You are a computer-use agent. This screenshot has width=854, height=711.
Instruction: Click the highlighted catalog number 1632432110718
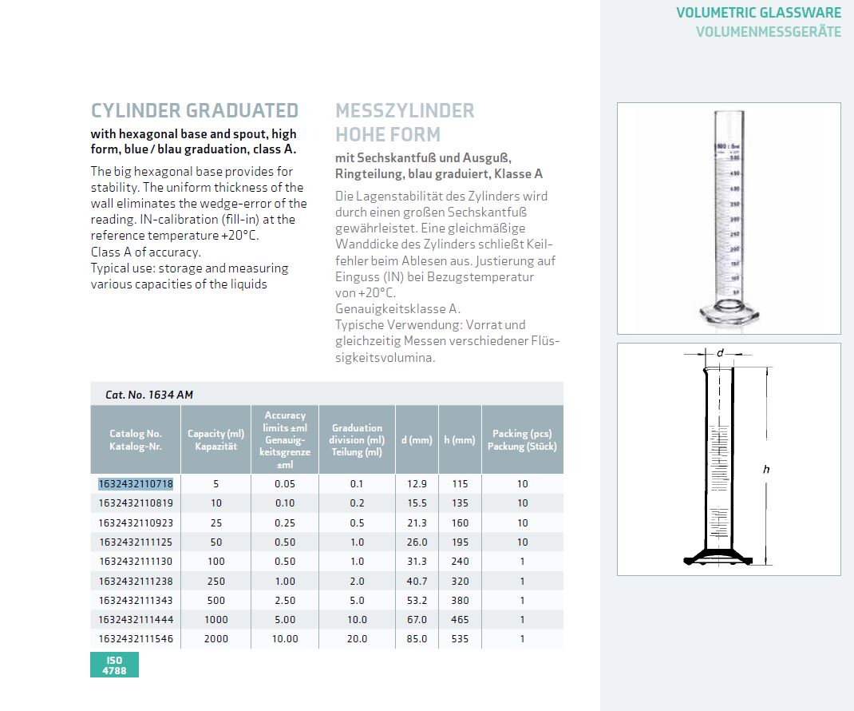[136, 484]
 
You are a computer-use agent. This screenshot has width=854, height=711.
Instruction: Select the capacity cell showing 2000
[215, 639]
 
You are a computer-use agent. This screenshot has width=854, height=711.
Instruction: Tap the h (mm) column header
[459, 440]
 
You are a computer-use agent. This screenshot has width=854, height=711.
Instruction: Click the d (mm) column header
[416, 440]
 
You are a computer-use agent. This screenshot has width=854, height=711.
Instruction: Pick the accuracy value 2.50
[285, 601]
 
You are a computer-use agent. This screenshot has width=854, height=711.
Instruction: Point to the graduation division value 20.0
[357, 639]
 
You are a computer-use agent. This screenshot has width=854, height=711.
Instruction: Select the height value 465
[460, 620]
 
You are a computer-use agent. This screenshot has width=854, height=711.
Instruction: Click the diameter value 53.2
[417, 601]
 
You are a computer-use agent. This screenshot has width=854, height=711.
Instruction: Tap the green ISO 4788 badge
[114, 665]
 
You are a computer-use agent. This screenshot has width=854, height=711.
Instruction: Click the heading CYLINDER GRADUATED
[195, 111]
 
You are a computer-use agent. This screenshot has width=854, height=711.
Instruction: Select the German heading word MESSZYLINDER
[405, 111]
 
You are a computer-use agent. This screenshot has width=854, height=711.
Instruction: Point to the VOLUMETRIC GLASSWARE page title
[758, 13]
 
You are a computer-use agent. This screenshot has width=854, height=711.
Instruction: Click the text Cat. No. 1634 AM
[149, 395]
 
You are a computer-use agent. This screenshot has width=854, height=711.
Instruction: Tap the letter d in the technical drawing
[719, 352]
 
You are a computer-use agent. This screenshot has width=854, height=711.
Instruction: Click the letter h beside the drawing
[766, 470]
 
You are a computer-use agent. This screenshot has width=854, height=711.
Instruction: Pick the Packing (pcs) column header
[522, 440]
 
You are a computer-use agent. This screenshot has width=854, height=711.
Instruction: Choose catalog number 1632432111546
[136, 639]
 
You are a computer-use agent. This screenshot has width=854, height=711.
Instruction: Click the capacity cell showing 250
[215, 582]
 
